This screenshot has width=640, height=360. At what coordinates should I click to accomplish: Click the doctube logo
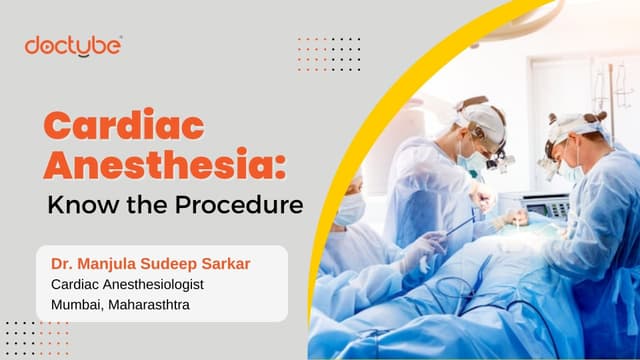[74, 46]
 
